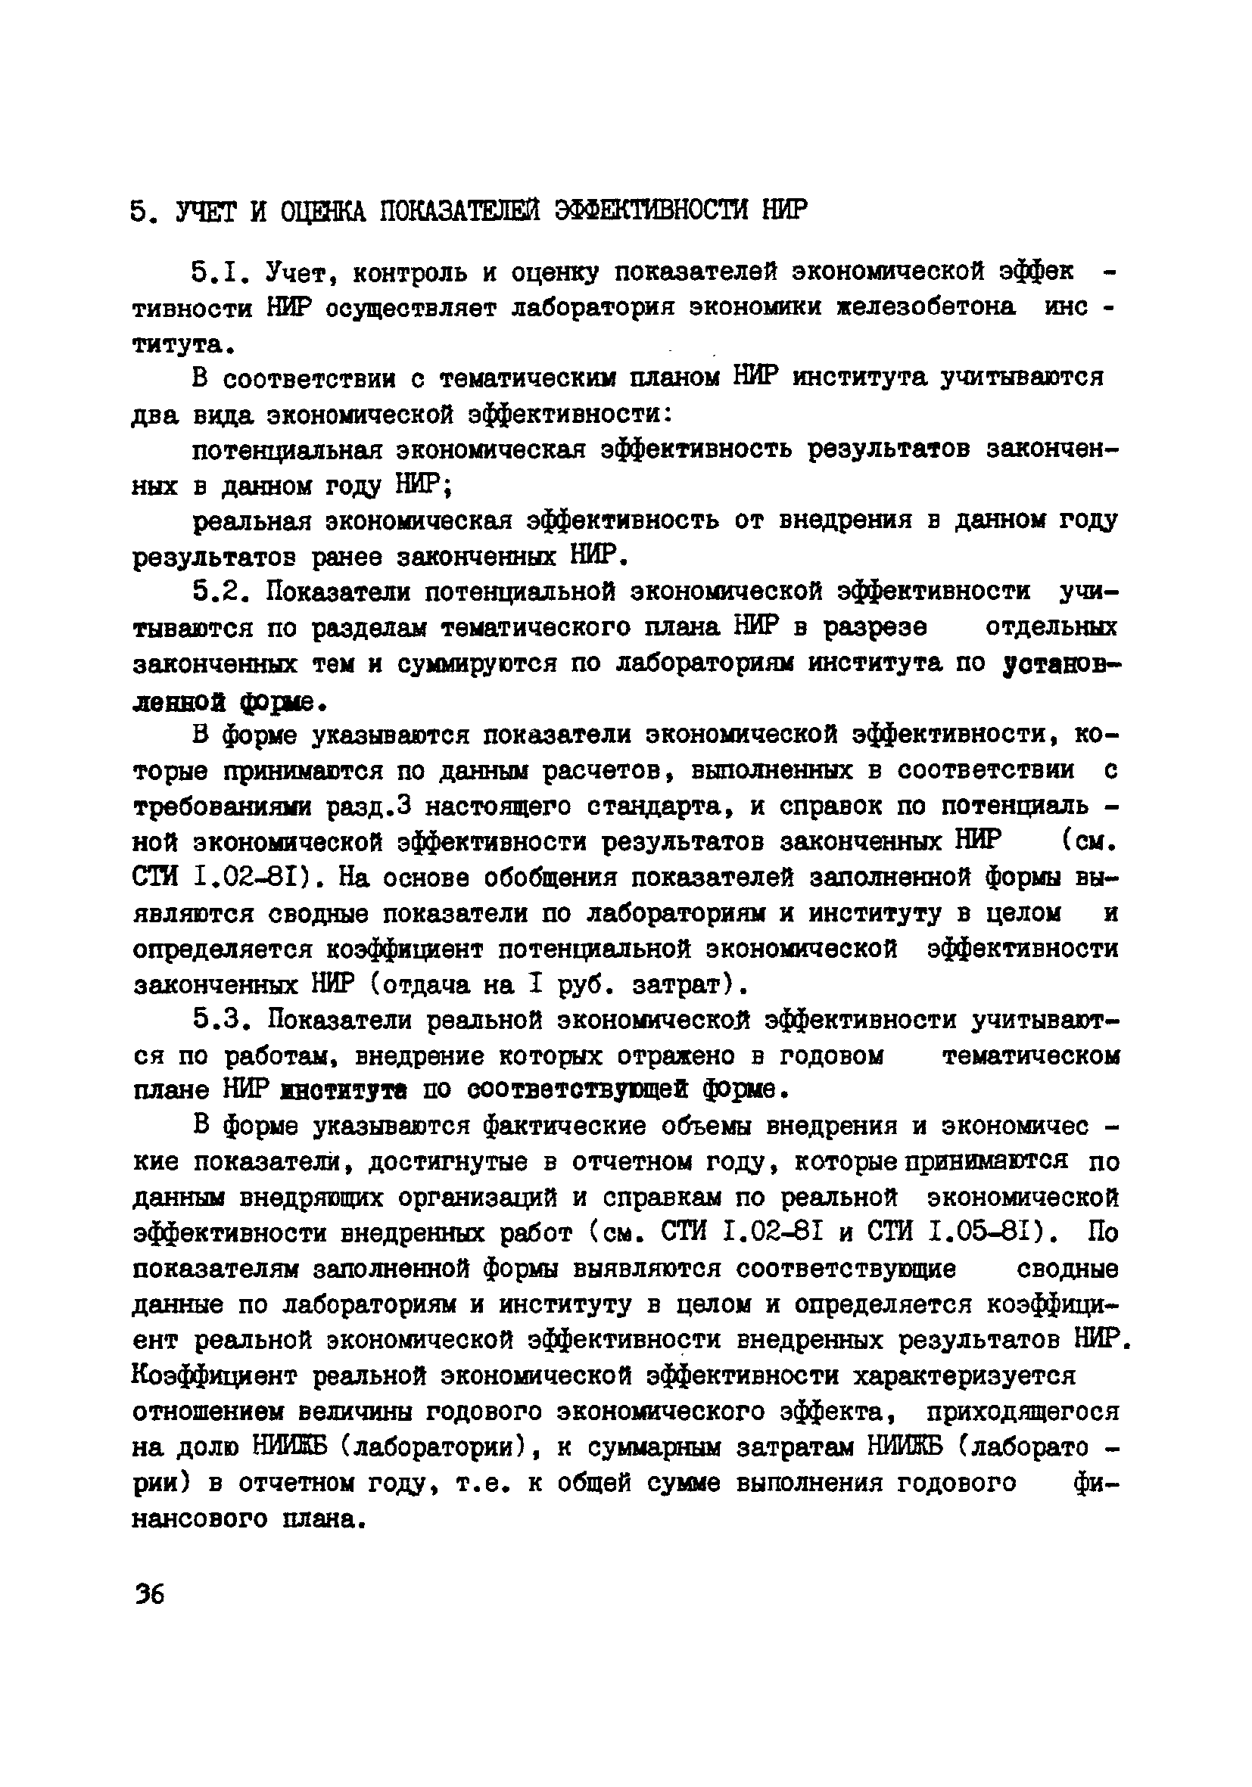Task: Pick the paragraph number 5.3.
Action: pyautogui.click(x=220, y=1021)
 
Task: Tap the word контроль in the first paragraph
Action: pyautogui.click(x=411, y=273)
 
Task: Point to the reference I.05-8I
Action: pyautogui.click(x=986, y=1234)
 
